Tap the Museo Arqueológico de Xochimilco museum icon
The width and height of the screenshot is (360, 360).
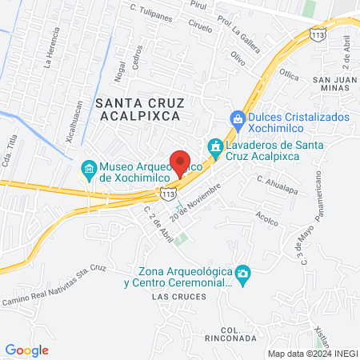point(88,170)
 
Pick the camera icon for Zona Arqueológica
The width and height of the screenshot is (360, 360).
point(243,276)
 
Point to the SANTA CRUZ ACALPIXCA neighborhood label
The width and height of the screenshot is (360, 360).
point(139,109)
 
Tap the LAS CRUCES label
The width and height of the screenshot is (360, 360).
point(173,297)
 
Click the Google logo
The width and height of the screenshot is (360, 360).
point(26,350)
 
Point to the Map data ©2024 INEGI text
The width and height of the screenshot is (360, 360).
point(312,353)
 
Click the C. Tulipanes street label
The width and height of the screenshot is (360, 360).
point(152,7)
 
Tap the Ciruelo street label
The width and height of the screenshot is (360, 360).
point(201,26)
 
